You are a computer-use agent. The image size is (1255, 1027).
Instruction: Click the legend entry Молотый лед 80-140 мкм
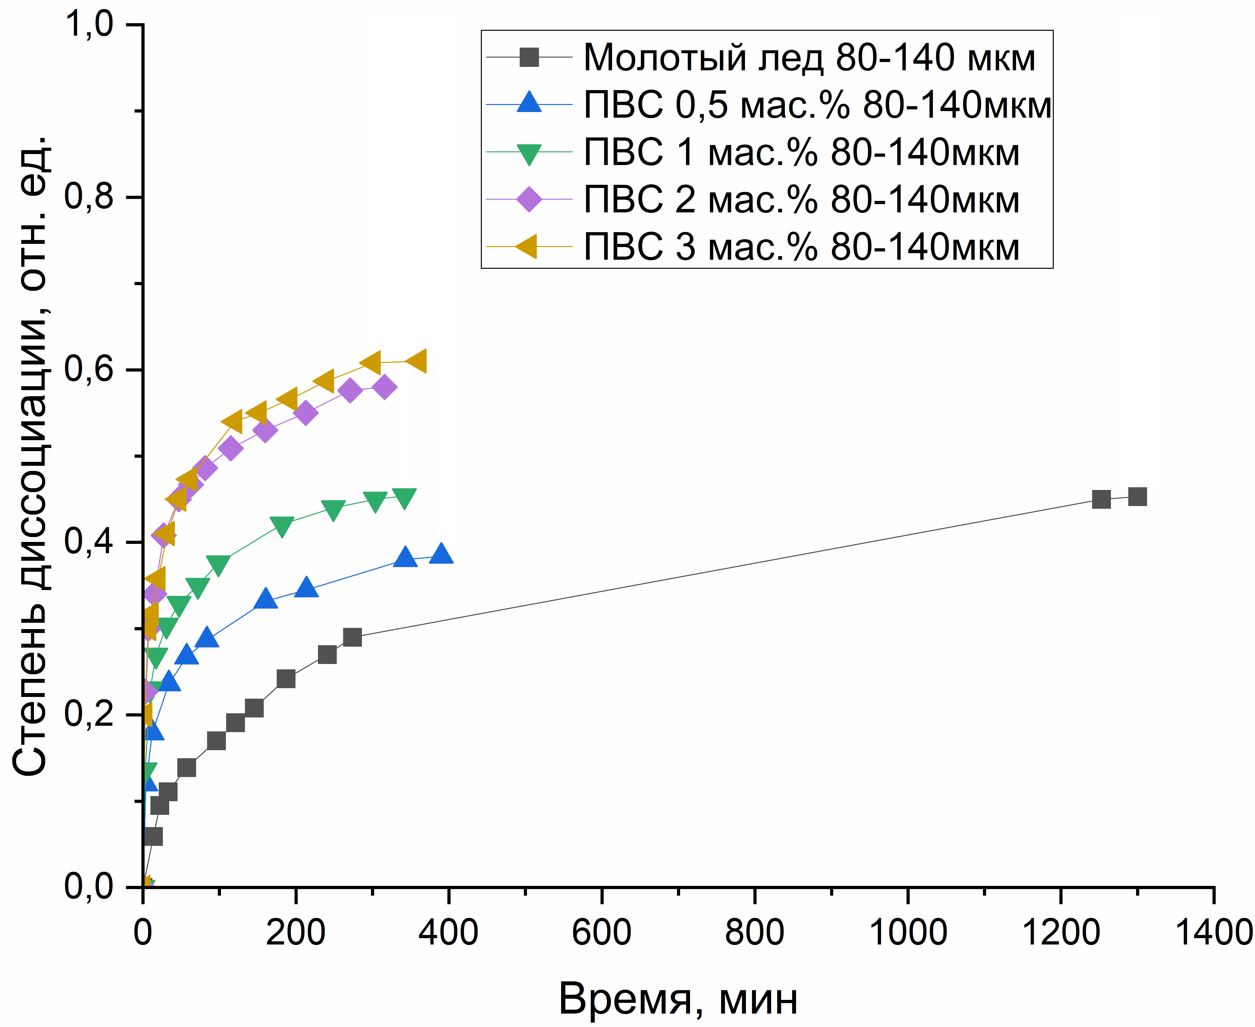(808, 58)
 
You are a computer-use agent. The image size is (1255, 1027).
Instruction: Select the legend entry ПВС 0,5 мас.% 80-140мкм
(817, 105)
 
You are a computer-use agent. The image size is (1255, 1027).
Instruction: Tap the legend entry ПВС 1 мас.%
(801, 153)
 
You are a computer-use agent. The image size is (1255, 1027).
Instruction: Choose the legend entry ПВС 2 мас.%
(801, 200)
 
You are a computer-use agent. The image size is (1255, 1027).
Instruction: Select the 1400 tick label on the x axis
(1213, 933)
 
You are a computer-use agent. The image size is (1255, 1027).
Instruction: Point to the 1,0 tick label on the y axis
(89, 25)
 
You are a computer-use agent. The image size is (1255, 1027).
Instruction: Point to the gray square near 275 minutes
(352, 637)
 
